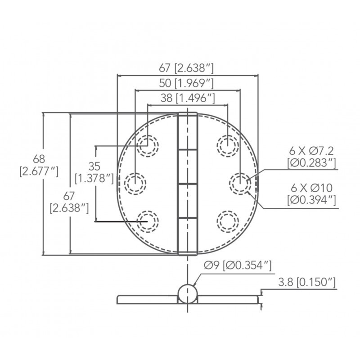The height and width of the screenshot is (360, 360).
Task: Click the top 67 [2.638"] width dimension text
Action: pyautogui.click(x=186, y=68)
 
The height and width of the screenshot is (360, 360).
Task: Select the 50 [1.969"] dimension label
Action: pyautogui.click(x=186, y=83)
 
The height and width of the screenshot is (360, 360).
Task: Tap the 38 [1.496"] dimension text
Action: pyautogui.click(x=188, y=98)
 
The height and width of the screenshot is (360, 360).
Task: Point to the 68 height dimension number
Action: pyautogui.click(x=39, y=159)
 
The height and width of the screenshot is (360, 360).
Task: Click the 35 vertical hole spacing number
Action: pyautogui.click(x=94, y=166)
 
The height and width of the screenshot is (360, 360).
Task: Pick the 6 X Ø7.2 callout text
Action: pyautogui.click(x=311, y=151)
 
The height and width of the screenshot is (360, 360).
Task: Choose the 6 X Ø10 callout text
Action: pyautogui.click(x=311, y=188)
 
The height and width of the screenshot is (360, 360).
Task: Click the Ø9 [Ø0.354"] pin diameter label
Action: pyautogui.click(x=238, y=265)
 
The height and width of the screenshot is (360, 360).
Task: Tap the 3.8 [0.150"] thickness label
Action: pyautogui.click(x=307, y=282)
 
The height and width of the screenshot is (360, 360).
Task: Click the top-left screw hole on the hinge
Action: pyautogui.click(x=148, y=146)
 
